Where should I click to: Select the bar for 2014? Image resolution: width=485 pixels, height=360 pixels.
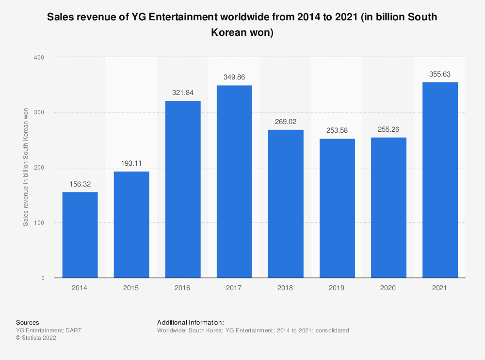[80, 235]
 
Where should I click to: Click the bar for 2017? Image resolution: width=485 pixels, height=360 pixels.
[234, 181]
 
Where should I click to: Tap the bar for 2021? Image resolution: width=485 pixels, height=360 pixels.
[440, 180]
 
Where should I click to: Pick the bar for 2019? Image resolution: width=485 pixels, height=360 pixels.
[337, 208]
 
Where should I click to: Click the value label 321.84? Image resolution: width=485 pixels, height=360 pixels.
[183, 93]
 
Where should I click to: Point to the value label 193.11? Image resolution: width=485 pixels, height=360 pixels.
[131, 163]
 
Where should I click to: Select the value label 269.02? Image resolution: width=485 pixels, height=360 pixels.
[286, 122]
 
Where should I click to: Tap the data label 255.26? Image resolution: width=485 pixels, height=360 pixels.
[388, 129]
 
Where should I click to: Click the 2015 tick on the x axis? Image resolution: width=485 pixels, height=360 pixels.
[131, 288]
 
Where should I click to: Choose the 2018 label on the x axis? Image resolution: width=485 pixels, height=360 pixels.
[286, 288]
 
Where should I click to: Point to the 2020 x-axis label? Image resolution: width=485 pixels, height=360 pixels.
[388, 288]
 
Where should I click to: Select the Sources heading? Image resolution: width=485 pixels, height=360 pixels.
[28, 322]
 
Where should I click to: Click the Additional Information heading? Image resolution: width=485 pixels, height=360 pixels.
[191, 322]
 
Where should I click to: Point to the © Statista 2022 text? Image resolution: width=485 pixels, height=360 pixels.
[36, 338]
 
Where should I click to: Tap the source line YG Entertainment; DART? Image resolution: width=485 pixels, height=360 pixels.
[49, 330]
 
